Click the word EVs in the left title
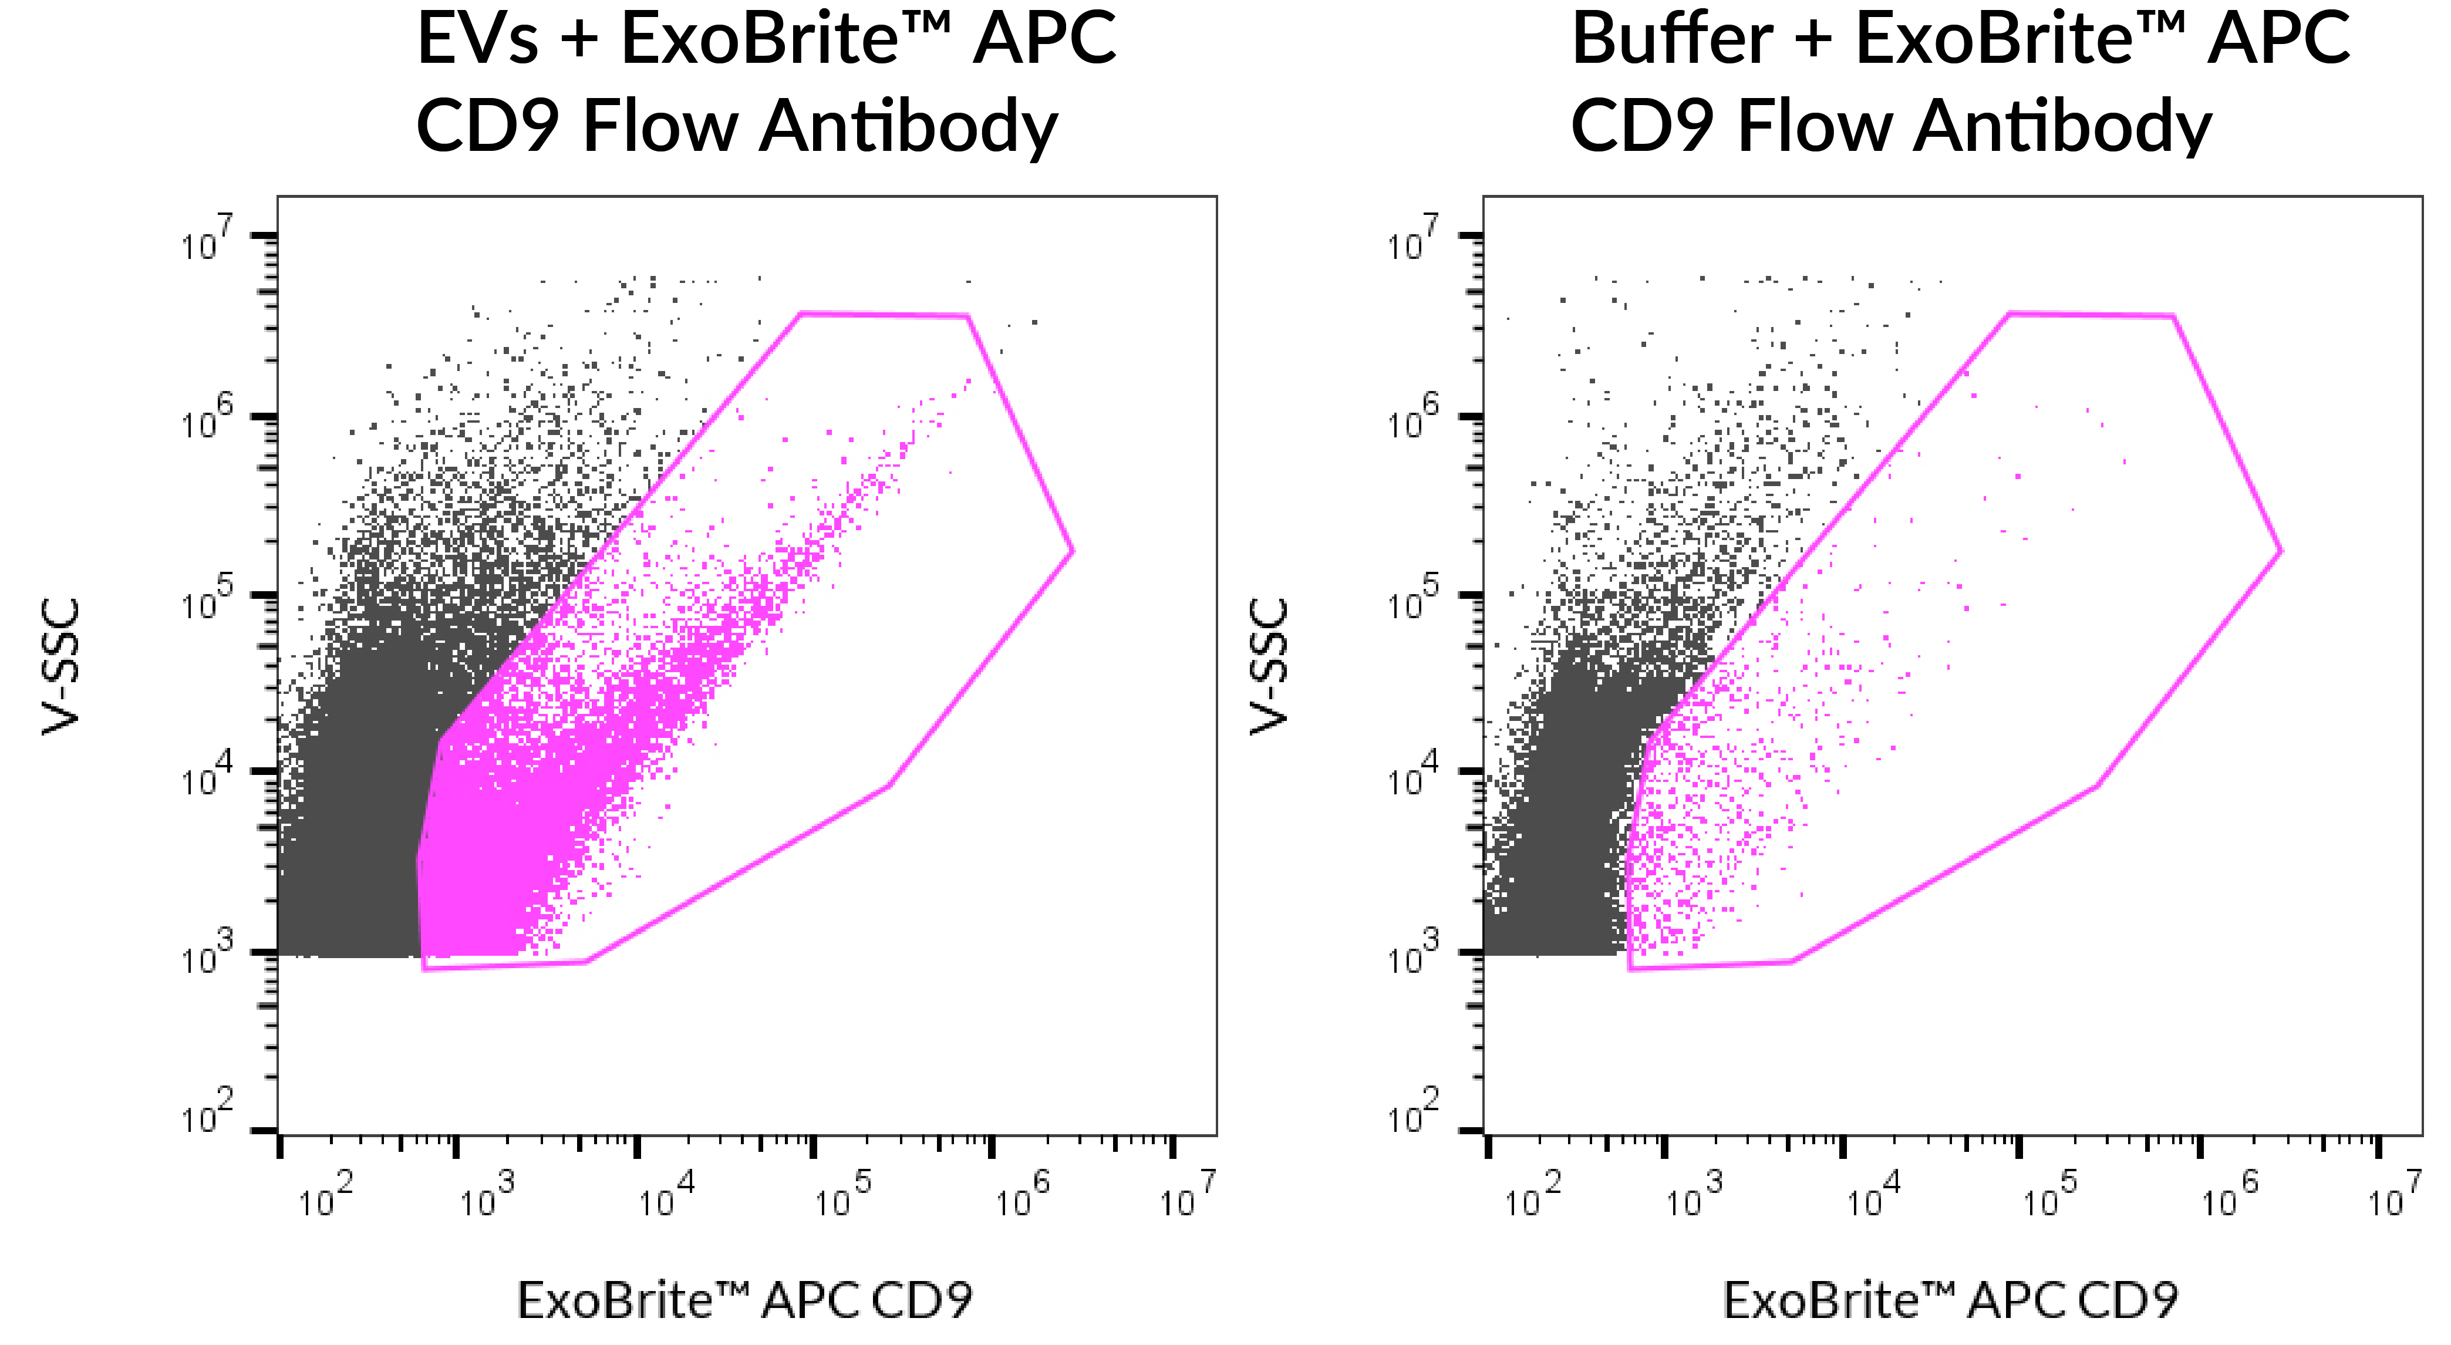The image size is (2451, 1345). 478,40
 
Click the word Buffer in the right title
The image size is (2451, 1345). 1672,40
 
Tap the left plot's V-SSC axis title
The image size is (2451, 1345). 61,666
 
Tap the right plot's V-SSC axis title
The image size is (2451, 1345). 1268,666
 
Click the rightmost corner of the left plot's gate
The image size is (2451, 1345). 1073,551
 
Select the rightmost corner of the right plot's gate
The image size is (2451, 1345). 2281,551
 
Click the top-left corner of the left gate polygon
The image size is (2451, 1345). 801,313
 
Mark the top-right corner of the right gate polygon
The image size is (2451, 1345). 2173,316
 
